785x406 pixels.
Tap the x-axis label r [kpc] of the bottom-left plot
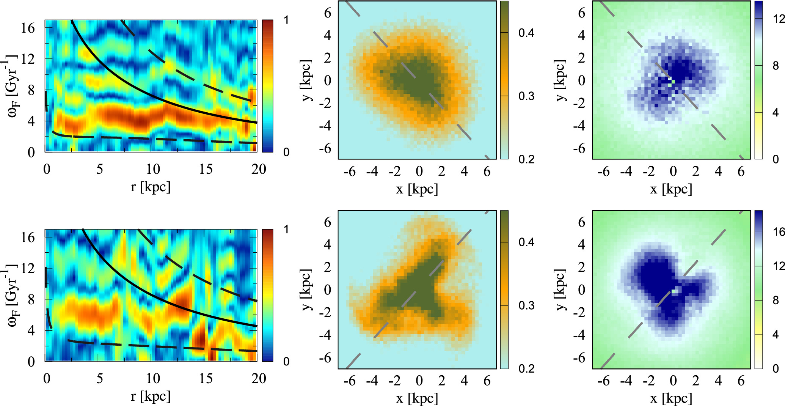(x=151, y=396)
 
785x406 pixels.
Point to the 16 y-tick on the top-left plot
(x=28, y=28)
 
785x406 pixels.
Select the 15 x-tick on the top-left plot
(x=206, y=169)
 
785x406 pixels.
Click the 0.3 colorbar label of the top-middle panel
(x=526, y=96)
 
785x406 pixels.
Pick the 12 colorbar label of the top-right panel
(x=779, y=19)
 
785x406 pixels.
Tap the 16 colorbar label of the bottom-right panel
(x=779, y=231)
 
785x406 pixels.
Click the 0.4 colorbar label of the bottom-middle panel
(x=526, y=242)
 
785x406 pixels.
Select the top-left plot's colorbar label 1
(x=286, y=20)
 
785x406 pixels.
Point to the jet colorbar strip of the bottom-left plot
(x=267, y=295)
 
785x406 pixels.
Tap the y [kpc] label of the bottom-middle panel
(x=306, y=290)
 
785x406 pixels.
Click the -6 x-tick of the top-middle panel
(x=349, y=172)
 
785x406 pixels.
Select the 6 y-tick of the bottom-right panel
(x=581, y=222)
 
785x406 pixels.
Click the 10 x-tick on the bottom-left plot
(x=153, y=379)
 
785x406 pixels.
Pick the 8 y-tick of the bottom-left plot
(x=31, y=299)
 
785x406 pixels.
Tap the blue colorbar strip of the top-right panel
(x=758, y=80)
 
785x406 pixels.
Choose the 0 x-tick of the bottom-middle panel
(x=419, y=381)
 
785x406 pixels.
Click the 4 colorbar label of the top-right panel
(x=776, y=112)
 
